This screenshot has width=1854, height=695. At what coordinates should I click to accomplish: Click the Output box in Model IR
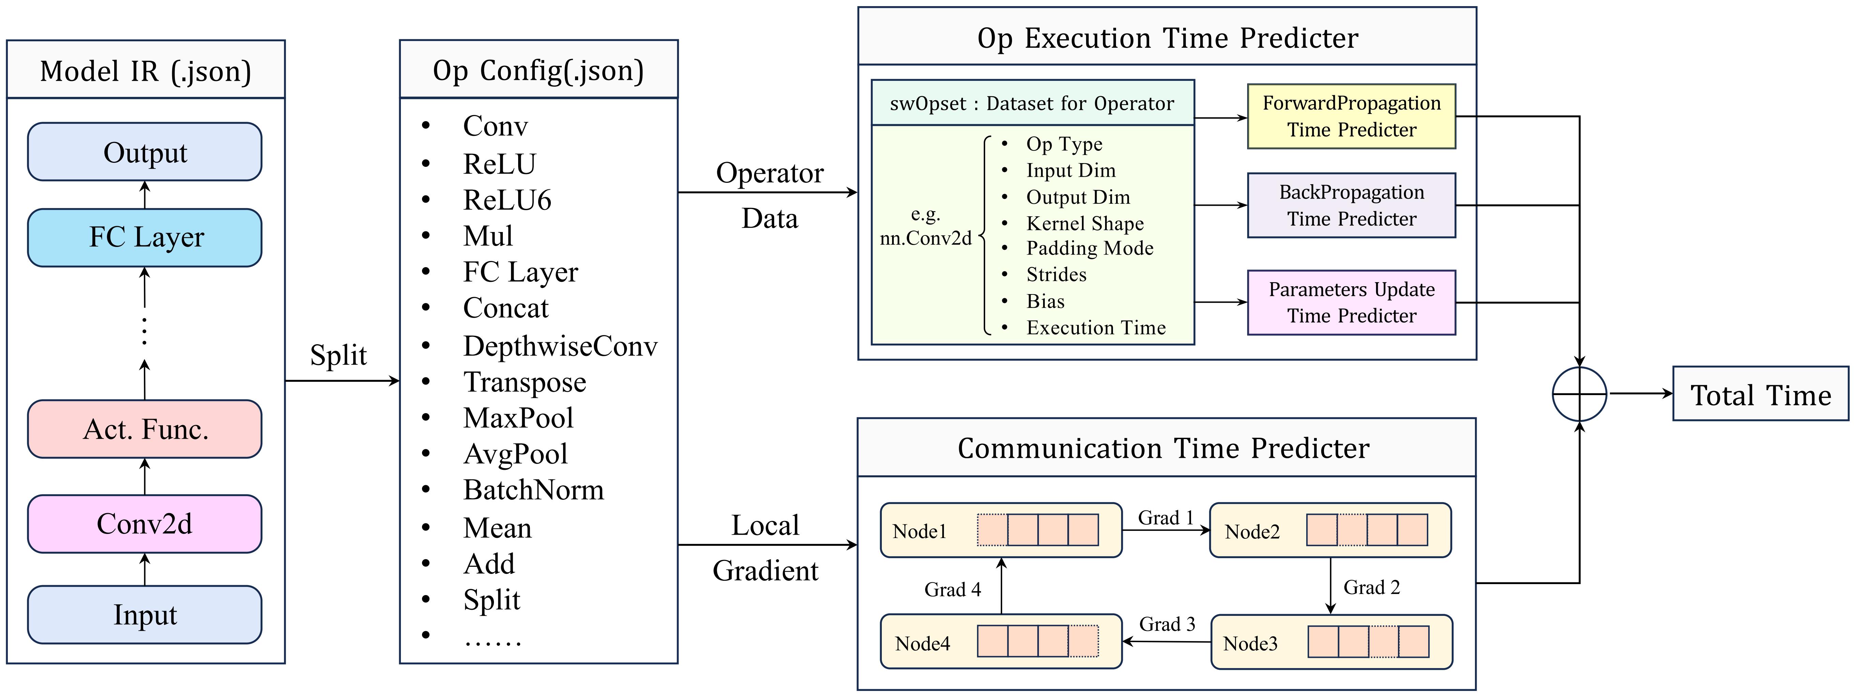click(145, 152)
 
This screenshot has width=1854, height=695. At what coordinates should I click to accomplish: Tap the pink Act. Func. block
click(145, 429)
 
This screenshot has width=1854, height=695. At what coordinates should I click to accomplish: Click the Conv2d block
click(145, 524)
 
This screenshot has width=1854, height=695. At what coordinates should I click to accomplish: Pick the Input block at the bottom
click(145, 614)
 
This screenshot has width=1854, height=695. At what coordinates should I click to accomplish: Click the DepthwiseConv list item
click(560, 346)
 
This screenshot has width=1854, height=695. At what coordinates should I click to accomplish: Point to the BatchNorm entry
click(533, 490)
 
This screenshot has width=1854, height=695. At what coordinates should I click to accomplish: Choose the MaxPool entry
click(518, 418)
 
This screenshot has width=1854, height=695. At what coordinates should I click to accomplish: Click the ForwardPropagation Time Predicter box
click(1351, 117)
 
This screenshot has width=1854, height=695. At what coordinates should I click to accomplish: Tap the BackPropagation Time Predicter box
click(1351, 205)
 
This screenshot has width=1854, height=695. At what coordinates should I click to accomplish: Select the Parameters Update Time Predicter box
click(1351, 303)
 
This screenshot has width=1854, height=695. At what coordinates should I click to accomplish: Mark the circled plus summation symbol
click(1579, 394)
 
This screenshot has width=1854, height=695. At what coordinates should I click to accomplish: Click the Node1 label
click(919, 532)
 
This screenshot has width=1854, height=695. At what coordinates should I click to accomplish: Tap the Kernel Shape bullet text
click(1085, 223)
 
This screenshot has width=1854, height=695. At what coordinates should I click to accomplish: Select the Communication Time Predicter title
click(1163, 448)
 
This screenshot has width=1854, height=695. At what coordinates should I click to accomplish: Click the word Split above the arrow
click(338, 355)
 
